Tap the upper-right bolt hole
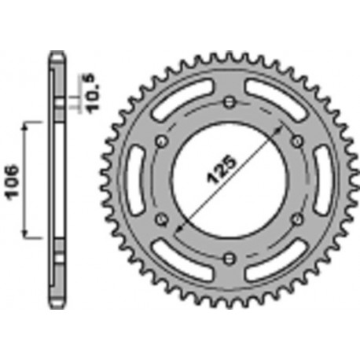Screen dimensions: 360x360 (x=296, y=140)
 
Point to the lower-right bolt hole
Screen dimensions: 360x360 (x=296, y=218)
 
